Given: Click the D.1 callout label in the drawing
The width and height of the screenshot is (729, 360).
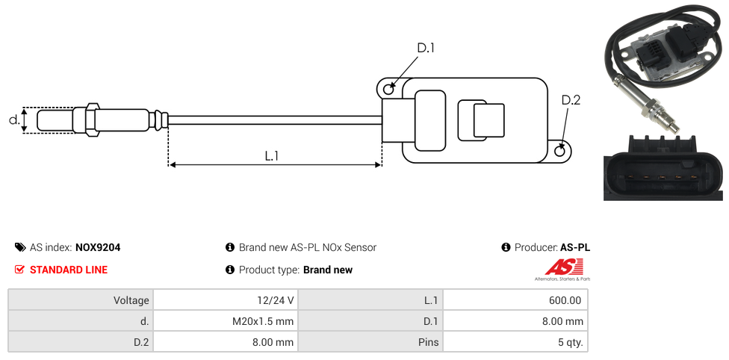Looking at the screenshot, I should pyautogui.click(x=425, y=49).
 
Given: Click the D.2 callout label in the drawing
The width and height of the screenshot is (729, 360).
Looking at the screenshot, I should pyautogui.click(x=570, y=100).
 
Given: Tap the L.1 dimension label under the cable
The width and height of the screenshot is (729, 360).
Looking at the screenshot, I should pyautogui.click(x=271, y=155).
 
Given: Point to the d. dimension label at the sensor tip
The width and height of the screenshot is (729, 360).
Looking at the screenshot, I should pyautogui.click(x=13, y=119).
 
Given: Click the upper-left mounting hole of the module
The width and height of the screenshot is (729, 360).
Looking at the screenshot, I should pyautogui.click(x=388, y=90).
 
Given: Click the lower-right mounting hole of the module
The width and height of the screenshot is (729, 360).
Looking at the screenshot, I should pyautogui.click(x=561, y=152).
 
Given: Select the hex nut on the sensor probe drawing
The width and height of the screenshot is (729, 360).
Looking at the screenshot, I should pyautogui.click(x=93, y=120).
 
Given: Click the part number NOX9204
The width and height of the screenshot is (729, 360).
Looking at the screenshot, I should pyautogui.click(x=98, y=247).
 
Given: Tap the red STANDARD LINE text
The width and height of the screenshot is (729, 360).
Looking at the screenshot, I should pyautogui.click(x=69, y=270).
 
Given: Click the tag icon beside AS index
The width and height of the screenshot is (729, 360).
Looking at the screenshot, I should pyautogui.click(x=20, y=247).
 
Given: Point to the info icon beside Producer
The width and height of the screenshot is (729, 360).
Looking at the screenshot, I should pyautogui.click(x=506, y=247).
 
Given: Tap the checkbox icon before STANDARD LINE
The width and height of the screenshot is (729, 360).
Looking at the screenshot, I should pyautogui.click(x=20, y=270).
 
